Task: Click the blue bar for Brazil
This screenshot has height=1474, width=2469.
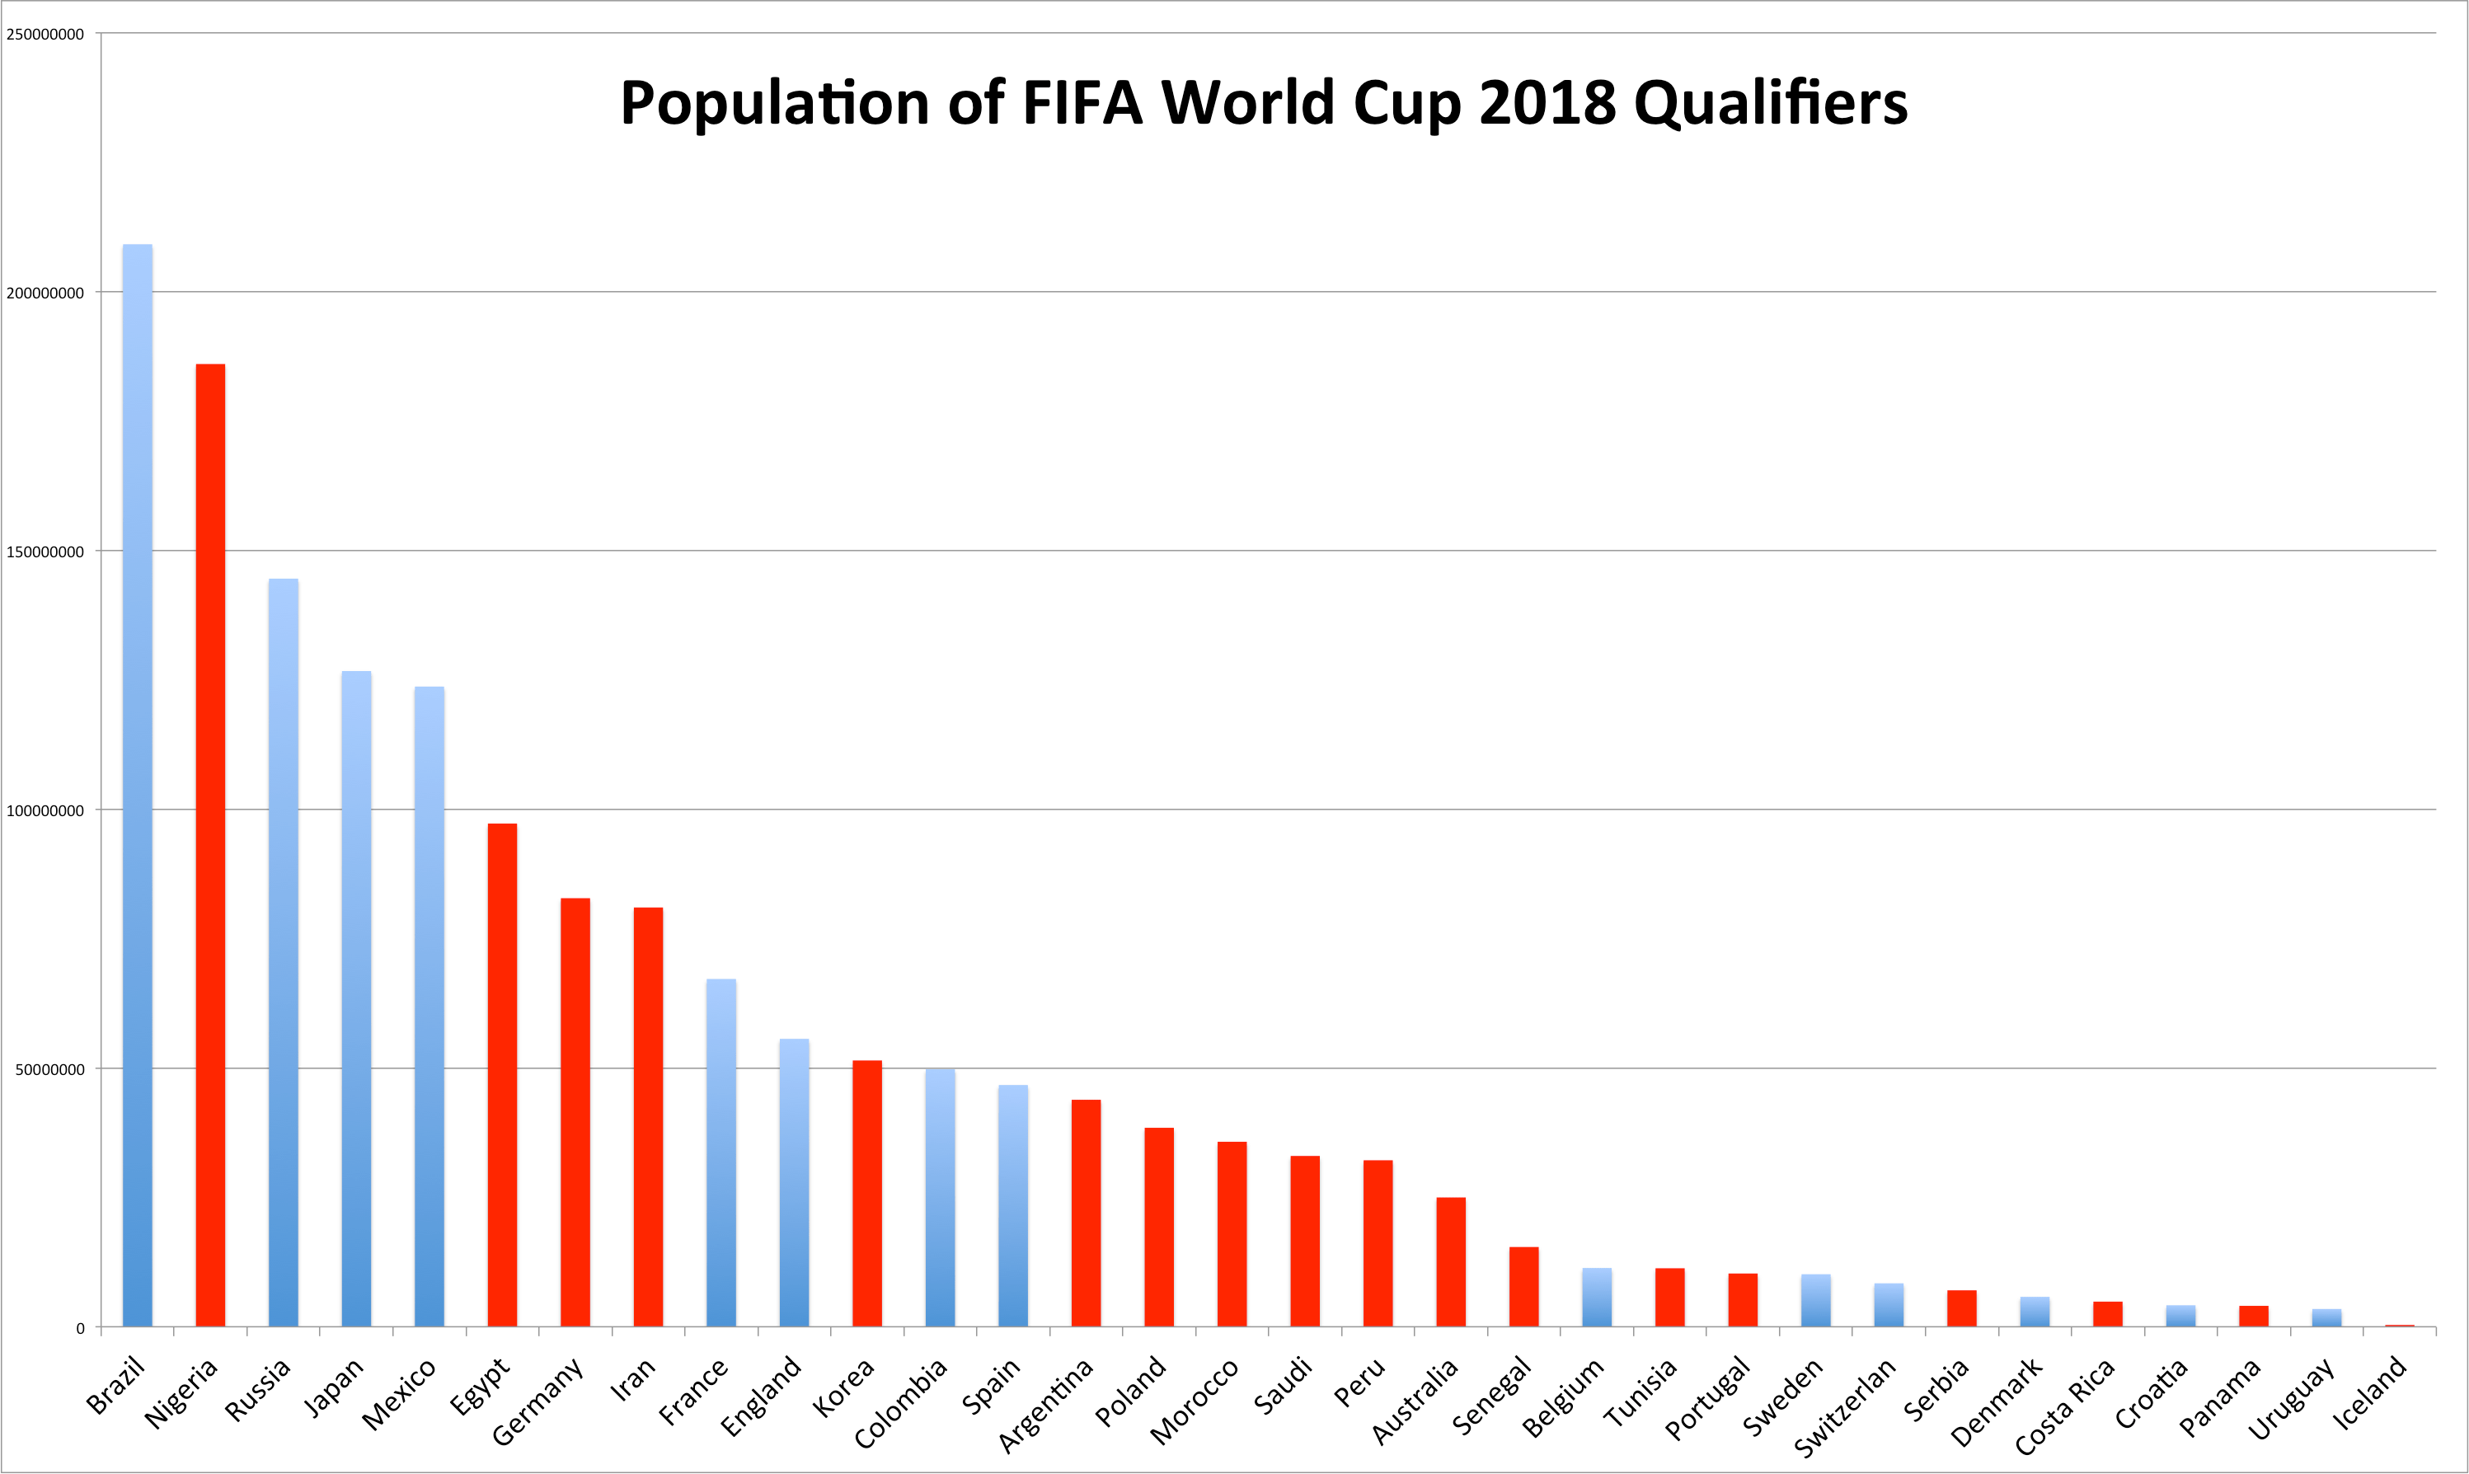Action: click(x=137, y=785)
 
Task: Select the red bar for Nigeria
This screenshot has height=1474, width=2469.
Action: click(x=210, y=844)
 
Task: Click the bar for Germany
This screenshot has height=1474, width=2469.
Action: click(x=575, y=1111)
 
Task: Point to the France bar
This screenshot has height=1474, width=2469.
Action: click(x=721, y=1152)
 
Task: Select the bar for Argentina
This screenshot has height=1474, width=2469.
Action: click(x=1086, y=1213)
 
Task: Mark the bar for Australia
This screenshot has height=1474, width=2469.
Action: click(x=1451, y=1261)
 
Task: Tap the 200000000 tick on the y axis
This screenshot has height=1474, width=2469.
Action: click(x=45, y=293)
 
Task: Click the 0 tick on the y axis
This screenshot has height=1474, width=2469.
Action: click(x=81, y=1329)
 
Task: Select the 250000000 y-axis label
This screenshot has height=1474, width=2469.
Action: click(x=45, y=34)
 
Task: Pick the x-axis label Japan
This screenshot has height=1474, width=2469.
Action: click(x=334, y=1387)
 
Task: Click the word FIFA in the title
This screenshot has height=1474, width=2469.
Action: click(x=1082, y=102)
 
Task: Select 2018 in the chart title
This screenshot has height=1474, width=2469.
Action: click(x=1547, y=102)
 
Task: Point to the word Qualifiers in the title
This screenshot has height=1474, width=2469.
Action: click(x=1770, y=102)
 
